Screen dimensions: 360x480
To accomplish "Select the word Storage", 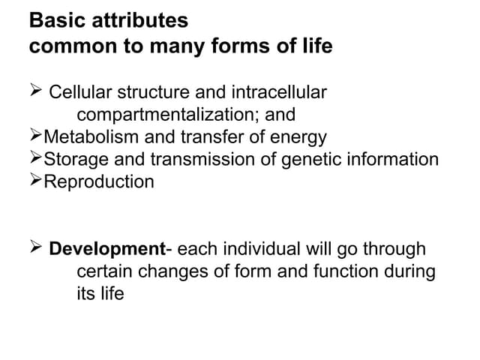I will pyautogui.click(x=74, y=160).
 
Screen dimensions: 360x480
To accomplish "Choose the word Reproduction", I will pyautogui.click(x=99, y=181).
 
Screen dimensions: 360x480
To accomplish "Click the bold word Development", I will pyautogui.click(x=106, y=248).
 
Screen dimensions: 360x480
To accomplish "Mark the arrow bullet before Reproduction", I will pyautogui.click(x=36, y=181).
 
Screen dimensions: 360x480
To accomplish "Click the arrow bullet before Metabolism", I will pyautogui.click(x=36, y=136).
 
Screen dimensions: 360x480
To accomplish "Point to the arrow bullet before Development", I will pyautogui.click(x=36, y=247).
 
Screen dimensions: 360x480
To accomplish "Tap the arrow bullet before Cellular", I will pyautogui.click(x=36, y=92).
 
